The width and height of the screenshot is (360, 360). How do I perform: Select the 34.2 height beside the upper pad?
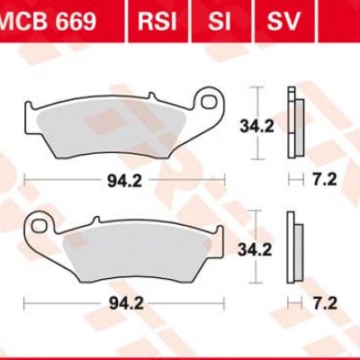257,127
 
